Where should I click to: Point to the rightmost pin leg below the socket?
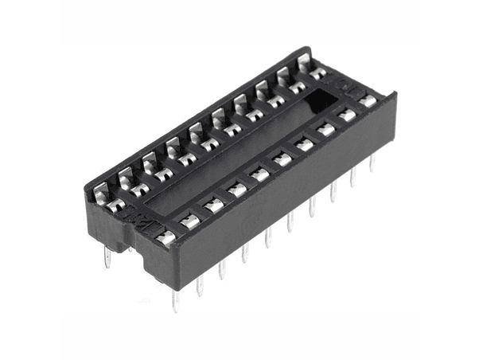pos(372,162)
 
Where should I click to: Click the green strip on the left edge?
pos(29,180)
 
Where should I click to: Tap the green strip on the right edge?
pos(449,180)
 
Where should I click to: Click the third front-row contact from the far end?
pos(325,128)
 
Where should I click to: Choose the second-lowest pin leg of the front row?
pos(200,284)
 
